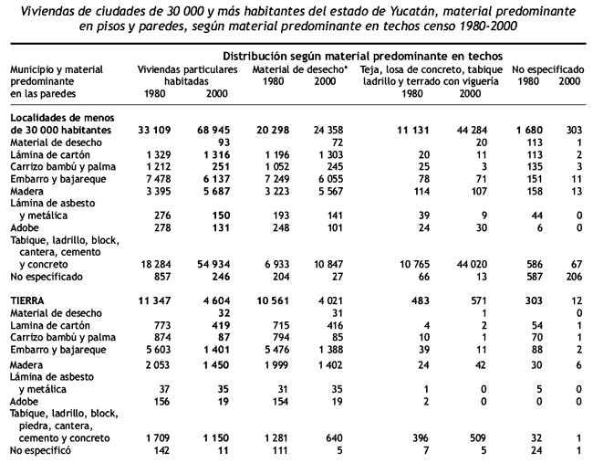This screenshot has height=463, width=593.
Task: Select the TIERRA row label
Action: [x=27, y=300]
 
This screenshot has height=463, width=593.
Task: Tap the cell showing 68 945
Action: [x=213, y=130]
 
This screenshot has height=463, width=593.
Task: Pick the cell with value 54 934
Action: [x=213, y=264]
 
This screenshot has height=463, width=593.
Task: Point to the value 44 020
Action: [x=472, y=264]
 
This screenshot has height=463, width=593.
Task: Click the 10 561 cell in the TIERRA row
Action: [x=273, y=300]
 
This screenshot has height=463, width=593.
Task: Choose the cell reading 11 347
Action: [x=154, y=300]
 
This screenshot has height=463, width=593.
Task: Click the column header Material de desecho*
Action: [x=300, y=69]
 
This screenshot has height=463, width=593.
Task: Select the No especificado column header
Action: [x=548, y=69]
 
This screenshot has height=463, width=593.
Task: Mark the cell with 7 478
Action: [x=158, y=179]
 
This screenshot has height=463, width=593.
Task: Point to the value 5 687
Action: [x=217, y=191]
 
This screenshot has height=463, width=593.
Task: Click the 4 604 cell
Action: [x=217, y=300]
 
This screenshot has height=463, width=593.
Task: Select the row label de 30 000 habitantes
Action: [x=60, y=130]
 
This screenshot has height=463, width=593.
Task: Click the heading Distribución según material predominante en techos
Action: [x=362, y=57]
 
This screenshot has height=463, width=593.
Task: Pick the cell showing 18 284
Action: [x=156, y=264]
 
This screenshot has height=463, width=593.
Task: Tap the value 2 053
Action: [x=158, y=365]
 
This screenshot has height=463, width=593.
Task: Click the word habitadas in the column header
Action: [x=186, y=81]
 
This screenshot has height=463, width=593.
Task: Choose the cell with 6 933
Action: [x=276, y=264]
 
